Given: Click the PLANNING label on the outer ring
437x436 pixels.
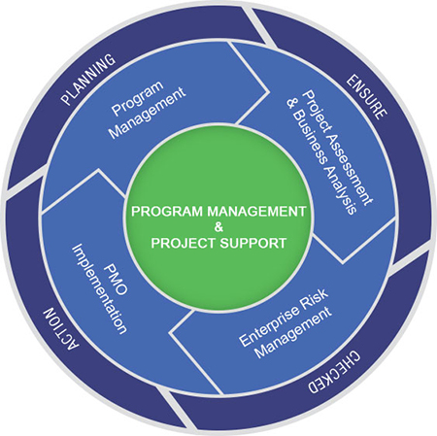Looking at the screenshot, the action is tap(88, 80).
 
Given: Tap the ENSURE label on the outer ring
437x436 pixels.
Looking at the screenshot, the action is tap(366, 97).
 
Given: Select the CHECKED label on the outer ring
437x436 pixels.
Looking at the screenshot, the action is tap(333, 372).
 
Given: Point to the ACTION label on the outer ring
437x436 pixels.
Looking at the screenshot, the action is tap(61, 333).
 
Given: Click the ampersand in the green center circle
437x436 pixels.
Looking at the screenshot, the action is tap(218, 227).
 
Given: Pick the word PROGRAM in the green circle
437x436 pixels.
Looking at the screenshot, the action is tap(168, 212).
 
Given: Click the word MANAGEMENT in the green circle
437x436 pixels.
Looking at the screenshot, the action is tap(256, 212).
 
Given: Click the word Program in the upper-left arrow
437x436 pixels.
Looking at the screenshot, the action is tap(138, 98).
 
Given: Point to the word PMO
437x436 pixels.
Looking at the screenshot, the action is tap(116, 280).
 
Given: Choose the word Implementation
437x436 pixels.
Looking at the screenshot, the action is tap(99, 288).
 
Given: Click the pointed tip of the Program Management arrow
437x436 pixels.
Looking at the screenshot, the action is tap(268, 92).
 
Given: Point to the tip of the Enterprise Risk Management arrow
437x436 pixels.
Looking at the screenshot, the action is tap(171, 332).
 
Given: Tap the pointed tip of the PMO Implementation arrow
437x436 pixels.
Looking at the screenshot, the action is tap(98, 170).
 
